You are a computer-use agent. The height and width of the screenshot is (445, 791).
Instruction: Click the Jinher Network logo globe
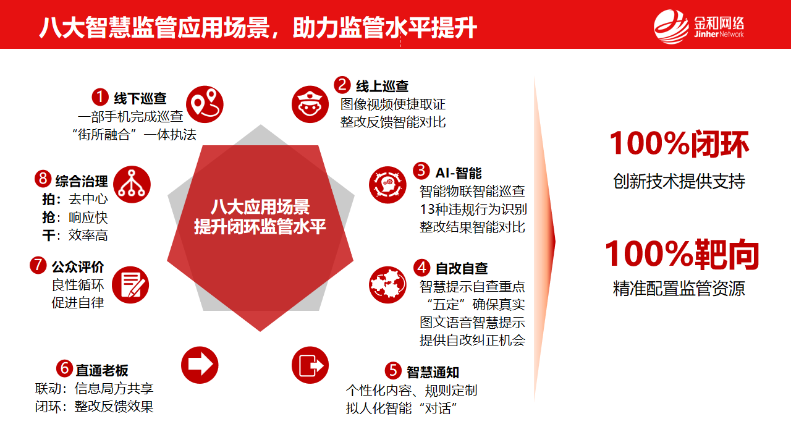pyautogui.click(x=671, y=27)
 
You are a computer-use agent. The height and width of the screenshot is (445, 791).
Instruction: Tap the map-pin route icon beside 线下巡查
pyautogui.click(x=205, y=104)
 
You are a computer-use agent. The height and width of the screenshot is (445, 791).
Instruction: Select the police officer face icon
pyautogui.click(x=310, y=104)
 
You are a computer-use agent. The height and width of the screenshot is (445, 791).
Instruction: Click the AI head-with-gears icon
pyautogui.click(x=387, y=185)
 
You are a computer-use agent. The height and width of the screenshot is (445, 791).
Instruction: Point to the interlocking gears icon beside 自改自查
pyautogui.click(x=387, y=285)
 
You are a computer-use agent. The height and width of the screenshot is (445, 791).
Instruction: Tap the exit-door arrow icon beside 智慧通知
pyautogui.click(x=310, y=365)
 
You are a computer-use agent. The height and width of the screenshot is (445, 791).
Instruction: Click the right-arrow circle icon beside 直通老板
pyautogui.click(x=200, y=365)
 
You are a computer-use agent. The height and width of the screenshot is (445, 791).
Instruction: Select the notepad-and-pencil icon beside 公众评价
pyautogui.click(x=130, y=285)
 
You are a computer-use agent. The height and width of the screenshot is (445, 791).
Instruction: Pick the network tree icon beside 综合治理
pyautogui.click(x=132, y=184)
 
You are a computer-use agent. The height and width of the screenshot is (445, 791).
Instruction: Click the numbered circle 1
pyautogui.click(x=100, y=97)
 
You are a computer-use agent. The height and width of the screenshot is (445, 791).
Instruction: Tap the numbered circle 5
pyautogui.click(x=393, y=370)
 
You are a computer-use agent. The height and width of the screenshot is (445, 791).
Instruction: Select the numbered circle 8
pyautogui.click(x=43, y=179)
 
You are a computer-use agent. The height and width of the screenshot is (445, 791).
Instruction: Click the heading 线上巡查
pyautogui.click(x=382, y=86)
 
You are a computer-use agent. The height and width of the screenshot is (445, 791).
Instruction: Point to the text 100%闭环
pyautogui.click(x=679, y=144)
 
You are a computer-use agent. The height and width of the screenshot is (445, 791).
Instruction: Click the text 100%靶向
pyautogui.click(x=682, y=254)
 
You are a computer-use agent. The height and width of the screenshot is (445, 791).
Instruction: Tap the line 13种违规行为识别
pyautogui.click(x=473, y=210)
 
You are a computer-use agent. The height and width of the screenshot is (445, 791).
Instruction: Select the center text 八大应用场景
pyautogui.click(x=260, y=206)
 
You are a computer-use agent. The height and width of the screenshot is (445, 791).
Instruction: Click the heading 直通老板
pyautogui.click(x=102, y=370)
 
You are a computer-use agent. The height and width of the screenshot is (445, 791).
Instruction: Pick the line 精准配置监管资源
pyautogui.click(x=679, y=288)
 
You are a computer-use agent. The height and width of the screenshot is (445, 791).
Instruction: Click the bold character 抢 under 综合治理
pyautogui.click(x=48, y=217)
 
